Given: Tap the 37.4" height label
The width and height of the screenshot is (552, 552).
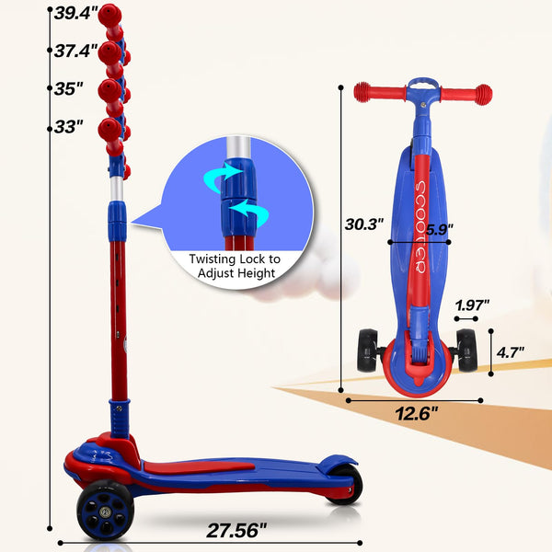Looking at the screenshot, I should [75, 52].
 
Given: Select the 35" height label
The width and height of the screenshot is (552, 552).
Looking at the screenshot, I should [68, 89].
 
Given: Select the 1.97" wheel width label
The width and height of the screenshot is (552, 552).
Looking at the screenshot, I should [471, 305].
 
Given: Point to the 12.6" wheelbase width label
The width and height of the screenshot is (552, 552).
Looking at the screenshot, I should [416, 412].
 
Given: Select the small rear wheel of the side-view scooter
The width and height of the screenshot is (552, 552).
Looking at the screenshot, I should [345, 484].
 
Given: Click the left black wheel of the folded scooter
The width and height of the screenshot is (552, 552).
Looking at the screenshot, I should [370, 351].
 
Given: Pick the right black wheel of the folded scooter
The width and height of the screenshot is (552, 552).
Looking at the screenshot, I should [466, 351].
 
